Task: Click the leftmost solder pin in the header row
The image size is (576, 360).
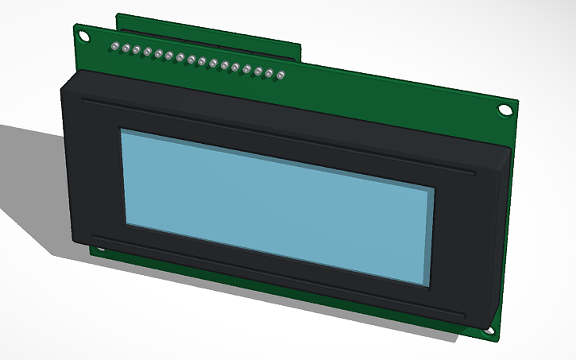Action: (x=115, y=46)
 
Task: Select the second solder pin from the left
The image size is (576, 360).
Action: (x=126, y=48)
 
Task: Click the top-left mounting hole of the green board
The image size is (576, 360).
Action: (x=82, y=34)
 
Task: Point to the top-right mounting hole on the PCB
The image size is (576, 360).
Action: (x=504, y=110)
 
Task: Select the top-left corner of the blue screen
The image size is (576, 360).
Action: (x=121, y=130)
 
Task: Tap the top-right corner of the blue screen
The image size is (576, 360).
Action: (x=435, y=190)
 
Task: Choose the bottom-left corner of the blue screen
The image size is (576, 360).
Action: (x=125, y=221)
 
